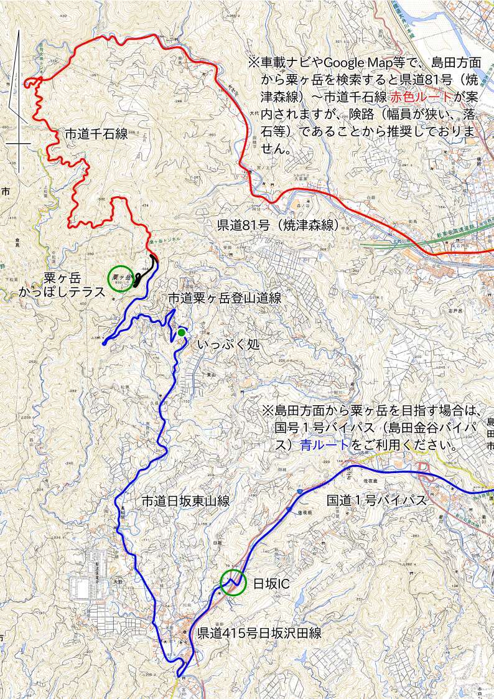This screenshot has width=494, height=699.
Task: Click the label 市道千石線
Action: [x=96, y=134]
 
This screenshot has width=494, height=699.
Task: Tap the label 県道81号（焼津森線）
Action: [x=278, y=225]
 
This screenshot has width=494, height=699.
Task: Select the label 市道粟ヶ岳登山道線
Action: [x=225, y=298]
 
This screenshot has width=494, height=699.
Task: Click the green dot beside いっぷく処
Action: [x=181, y=332]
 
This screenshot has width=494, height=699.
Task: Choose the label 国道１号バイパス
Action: [x=376, y=500]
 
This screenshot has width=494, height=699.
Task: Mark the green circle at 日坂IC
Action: [x=233, y=583]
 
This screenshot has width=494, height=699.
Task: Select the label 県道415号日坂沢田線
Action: [x=259, y=634]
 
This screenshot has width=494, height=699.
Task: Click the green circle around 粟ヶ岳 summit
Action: [x=121, y=278]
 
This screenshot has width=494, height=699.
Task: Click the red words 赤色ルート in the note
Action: [x=421, y=96]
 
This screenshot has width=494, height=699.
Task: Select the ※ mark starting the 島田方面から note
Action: [x=268, y=411]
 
